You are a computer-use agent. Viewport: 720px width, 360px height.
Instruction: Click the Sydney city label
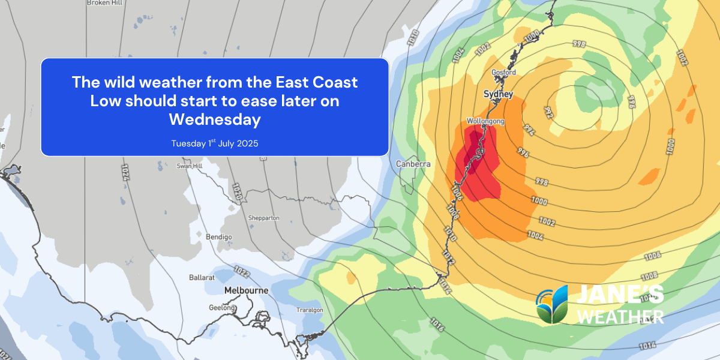point(498,94)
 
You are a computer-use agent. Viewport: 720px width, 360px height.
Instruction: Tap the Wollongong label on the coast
point(485,121)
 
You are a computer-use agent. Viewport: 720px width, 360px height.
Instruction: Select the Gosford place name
point(503,73)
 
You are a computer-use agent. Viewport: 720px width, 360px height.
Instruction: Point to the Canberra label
point(413,164)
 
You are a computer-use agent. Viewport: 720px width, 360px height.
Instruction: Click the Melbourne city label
point(246,290)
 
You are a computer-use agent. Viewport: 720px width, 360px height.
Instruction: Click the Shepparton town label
point(264,218)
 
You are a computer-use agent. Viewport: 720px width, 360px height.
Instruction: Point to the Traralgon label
point(310,310)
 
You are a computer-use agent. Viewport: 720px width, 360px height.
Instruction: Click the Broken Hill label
point(105,3)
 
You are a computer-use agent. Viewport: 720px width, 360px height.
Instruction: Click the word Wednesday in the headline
point(215,119)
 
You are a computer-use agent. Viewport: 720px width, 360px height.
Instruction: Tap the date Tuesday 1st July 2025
point(215,143)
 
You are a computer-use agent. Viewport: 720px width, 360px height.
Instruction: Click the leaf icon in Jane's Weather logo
point(552,305)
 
